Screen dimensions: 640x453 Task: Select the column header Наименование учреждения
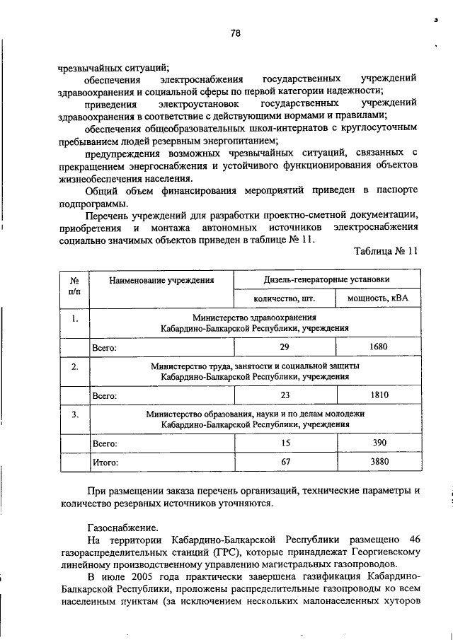(161, 280)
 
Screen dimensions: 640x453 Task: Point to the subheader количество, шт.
(284, 298)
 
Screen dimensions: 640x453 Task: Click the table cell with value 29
(284, 347)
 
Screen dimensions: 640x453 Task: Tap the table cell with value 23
(284, 395)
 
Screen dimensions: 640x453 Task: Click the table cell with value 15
(284, 443)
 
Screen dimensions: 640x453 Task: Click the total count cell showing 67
(284, 462)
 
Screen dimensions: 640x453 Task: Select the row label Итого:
(105, 462)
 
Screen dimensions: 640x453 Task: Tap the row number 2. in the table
(74, 366)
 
